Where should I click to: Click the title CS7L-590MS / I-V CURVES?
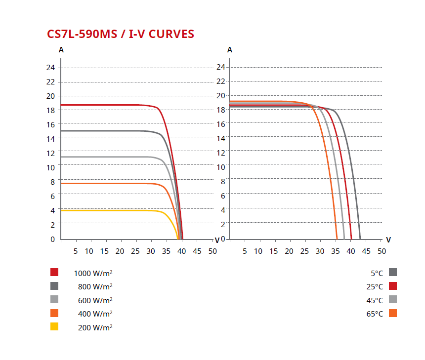[121, 34]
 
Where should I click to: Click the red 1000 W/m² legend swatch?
[54, 272]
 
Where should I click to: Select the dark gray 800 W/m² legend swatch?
[54, 286]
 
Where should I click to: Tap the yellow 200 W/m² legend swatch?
[54, 326]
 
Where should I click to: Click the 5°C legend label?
[377, 273]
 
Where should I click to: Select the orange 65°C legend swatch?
[393, 313]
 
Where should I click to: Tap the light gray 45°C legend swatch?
[393, 299]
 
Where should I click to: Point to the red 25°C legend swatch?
[393, 286]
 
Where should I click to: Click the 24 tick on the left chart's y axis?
[51, 68]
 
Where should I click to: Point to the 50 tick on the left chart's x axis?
[212, 251]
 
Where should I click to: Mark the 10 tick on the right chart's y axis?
[220, 166]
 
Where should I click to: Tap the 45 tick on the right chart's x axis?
[366, 251]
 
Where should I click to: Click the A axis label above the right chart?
[230, 50]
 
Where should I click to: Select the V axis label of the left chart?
[217, 240]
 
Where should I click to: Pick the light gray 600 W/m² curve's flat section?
[109, 157]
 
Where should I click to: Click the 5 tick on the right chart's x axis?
[245, 251]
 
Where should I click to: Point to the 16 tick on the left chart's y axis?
[51, 124]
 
